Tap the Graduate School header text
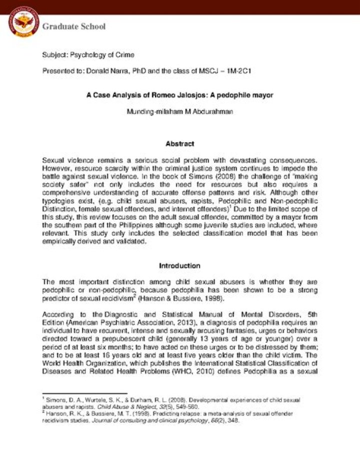(74, 27)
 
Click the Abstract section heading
(179, 144)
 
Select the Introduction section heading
(179, 266)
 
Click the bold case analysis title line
(179, 95)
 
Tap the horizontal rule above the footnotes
(84, 394)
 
